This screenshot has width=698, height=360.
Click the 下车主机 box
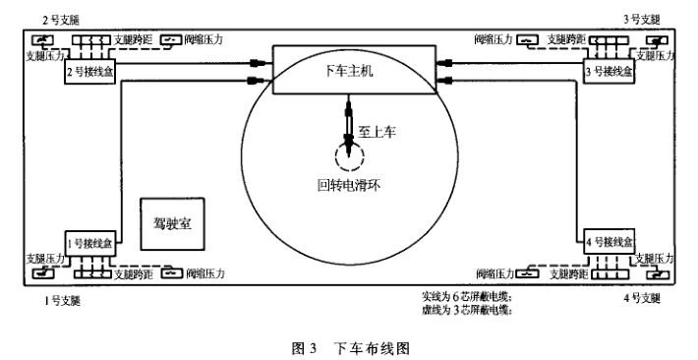point(349,71)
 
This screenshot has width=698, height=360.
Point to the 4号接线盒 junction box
point(610,242)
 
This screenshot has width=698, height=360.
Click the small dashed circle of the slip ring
point(349,153)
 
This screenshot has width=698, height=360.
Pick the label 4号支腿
point(645,297)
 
